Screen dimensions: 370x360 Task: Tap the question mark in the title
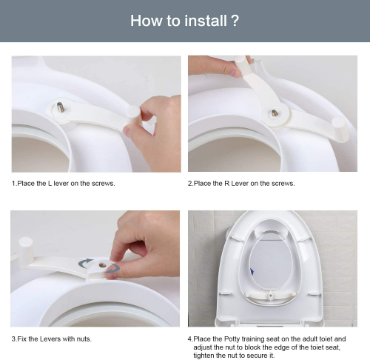(235, 21)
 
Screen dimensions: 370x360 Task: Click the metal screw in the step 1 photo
(60, 107)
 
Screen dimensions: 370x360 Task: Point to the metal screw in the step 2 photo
(275, 113)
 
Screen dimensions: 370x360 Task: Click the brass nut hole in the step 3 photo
(102, 265)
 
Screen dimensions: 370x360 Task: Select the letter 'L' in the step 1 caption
(50, 184)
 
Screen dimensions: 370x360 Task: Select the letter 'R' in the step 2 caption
(227, 184)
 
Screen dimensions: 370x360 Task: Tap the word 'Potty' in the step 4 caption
(232, 339)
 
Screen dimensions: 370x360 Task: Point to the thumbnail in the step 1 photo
(127, 131)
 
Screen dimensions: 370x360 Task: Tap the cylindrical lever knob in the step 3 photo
(26, 251)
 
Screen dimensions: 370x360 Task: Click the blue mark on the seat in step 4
(252, 272)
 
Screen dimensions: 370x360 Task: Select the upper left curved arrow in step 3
(84, 263)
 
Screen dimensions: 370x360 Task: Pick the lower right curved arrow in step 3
(113, 269)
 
